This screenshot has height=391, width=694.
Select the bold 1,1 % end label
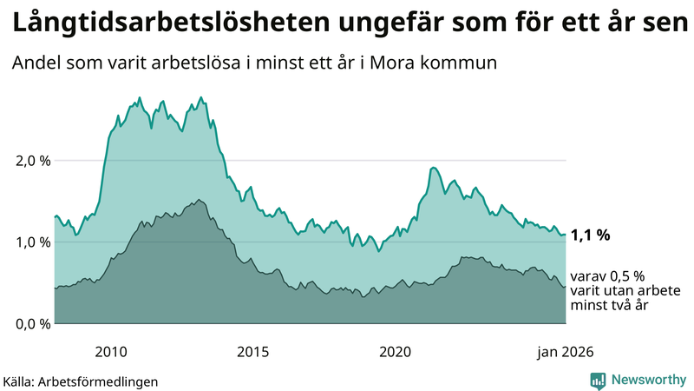(x=591, y=235)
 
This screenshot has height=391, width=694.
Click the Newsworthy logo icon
(x=598, y=380)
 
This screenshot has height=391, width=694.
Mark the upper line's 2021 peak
(x=433, y=167)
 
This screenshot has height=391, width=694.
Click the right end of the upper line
(x=566, y=235)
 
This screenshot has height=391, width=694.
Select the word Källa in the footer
(x=18, y=381)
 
